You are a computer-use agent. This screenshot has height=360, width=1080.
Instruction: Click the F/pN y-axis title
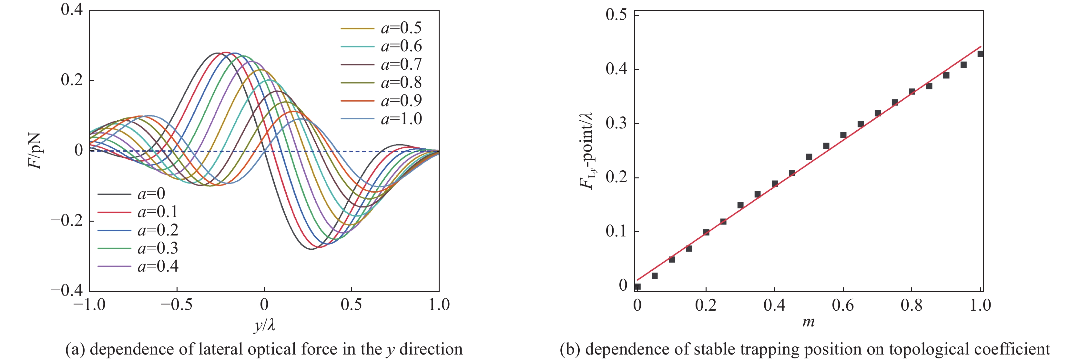35,151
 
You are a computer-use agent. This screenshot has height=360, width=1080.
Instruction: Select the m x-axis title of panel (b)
808,322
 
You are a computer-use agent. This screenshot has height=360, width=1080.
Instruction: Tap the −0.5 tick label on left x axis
177,305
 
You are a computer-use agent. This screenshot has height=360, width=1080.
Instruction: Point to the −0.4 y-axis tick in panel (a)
67,290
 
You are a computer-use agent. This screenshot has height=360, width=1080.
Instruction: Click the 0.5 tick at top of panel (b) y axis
616,15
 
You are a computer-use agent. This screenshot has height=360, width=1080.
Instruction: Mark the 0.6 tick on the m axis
843,305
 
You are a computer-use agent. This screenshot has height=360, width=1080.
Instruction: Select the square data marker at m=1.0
980,54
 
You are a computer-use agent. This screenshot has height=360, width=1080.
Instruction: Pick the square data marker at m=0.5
809,157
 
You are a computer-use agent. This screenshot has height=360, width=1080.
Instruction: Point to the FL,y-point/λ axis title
586,151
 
